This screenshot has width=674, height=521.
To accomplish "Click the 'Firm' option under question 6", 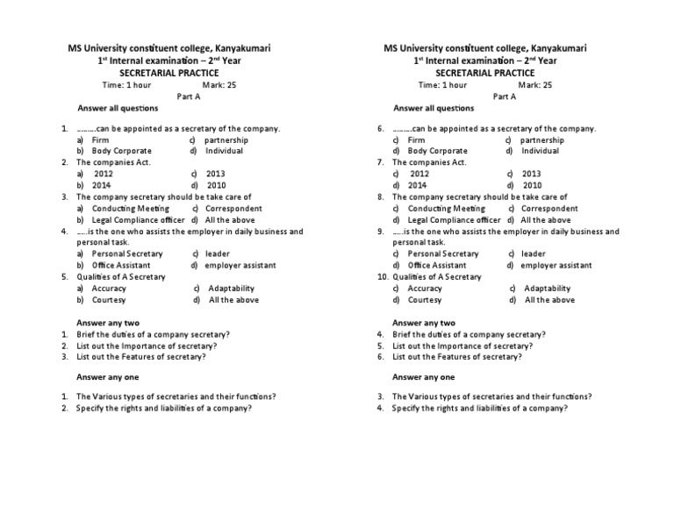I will (x=416, y=140).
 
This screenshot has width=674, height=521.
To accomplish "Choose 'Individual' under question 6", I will (x=540, y=152).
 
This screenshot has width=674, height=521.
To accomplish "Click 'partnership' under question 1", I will (x=226, y=140).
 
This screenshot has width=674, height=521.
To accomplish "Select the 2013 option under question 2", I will (x=216, y=175).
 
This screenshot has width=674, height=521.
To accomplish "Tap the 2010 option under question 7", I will (x=532, y=186).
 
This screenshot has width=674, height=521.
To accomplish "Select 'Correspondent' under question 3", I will (x=233, y=209).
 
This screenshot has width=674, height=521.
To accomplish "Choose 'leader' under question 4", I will (x=216, y=253).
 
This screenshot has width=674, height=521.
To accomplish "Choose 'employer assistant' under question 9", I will (x=556, y=265).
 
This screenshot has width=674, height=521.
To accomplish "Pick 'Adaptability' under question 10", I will (x=547, y=289).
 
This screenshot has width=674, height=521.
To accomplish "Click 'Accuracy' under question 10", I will (x=425, y=289).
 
